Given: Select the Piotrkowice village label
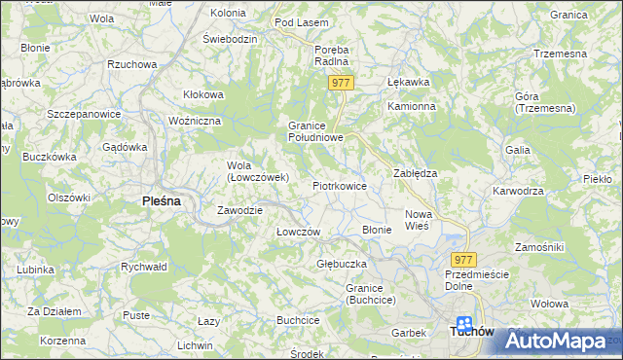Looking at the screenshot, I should point(339,185).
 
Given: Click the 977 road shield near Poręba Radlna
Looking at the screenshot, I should point(340,84).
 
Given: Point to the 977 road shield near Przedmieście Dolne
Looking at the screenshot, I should point(463,259).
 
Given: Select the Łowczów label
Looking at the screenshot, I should point(298,232).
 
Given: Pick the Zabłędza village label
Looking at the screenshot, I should point(415,172).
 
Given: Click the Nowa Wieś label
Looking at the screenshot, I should point(418,219).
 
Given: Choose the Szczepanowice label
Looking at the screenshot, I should point(84,114).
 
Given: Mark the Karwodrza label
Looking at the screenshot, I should point(518,191).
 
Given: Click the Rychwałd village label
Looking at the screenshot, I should point(144,266).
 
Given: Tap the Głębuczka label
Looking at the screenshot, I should point(341,264).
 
